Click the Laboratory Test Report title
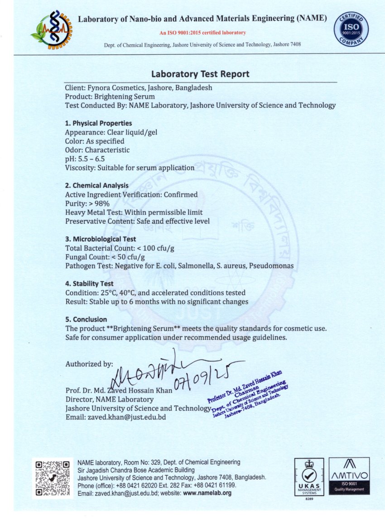point(200,74)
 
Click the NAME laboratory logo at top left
point(51,30)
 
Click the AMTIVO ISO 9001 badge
point(349,476)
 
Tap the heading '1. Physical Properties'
point(99,123)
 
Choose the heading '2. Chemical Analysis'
point(97,185)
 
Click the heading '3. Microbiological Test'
point(101,239)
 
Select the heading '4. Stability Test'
point(89,284)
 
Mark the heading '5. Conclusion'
point(86,319)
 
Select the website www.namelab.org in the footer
point(207,493)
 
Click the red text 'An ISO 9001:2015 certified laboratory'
point(202,33)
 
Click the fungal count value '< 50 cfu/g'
point(127,257)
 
